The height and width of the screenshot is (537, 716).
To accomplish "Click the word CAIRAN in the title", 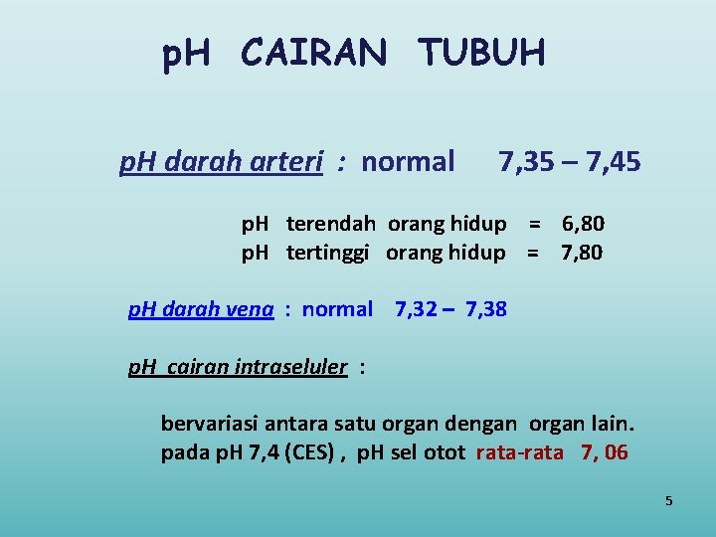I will point(312,53).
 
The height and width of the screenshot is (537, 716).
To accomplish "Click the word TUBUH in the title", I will point(481,53).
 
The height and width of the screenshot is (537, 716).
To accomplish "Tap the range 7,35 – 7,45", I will point(570,161).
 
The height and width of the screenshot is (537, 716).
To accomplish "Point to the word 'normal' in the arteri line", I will point(408,161).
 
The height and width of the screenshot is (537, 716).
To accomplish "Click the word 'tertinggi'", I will point(328,253).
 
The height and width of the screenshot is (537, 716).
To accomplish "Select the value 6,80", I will point(583,224).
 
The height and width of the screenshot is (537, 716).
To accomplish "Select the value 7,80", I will point(582,253).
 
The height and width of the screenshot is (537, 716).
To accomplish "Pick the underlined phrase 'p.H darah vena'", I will point(201,309).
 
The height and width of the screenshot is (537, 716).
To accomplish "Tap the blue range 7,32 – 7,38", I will point(450,309).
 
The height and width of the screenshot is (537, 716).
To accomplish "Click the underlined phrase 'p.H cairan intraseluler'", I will point(238,367).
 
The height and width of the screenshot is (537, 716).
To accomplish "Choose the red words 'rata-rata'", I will point(519,453).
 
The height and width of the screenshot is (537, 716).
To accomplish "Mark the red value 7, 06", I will point(605,453).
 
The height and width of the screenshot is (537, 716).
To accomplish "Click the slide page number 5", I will point(669,501).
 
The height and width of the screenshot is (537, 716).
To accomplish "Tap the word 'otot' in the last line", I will point(447,453).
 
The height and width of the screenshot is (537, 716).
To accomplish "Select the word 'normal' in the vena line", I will point(337,309).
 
